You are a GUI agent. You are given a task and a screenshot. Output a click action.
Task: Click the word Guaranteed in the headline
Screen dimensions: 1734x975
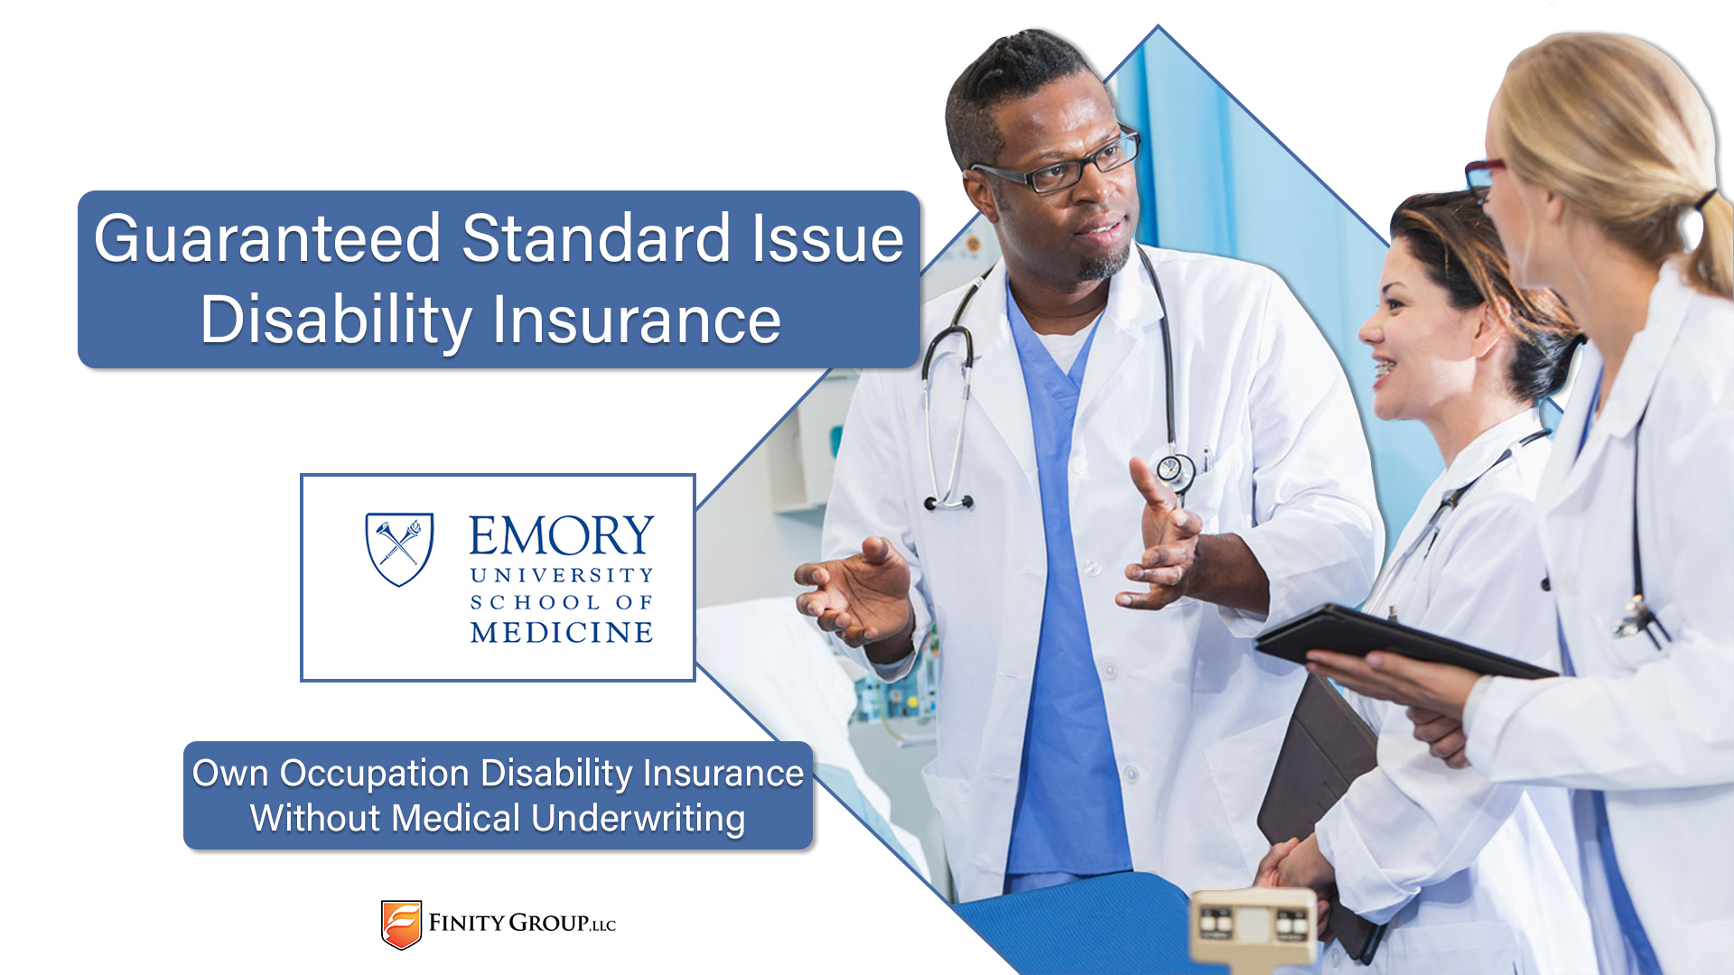[x=267, y=239]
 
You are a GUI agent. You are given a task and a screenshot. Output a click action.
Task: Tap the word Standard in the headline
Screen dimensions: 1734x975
[x=596, y=239]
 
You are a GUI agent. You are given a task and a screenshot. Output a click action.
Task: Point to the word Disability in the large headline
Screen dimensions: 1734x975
[x=336, y=321]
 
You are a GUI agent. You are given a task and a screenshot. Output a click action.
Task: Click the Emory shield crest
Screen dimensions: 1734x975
[x=399, y=549]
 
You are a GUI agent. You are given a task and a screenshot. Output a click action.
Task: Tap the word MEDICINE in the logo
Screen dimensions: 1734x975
[x=562, y=632]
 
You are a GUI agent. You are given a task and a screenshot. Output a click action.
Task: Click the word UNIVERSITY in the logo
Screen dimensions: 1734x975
[x=562, y=575]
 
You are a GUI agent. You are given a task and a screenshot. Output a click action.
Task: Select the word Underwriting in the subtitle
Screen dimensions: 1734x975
[x=639, y=820]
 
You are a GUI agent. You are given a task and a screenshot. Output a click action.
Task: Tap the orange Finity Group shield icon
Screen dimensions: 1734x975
[x=401, y=924]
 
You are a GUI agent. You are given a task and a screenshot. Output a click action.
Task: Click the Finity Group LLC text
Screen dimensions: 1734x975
[x=522, y=923]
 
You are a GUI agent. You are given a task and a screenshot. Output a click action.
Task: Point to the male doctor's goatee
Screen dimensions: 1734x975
[x=1104, y=262]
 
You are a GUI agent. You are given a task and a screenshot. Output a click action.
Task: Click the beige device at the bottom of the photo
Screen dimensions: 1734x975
[x=1253, y=930]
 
